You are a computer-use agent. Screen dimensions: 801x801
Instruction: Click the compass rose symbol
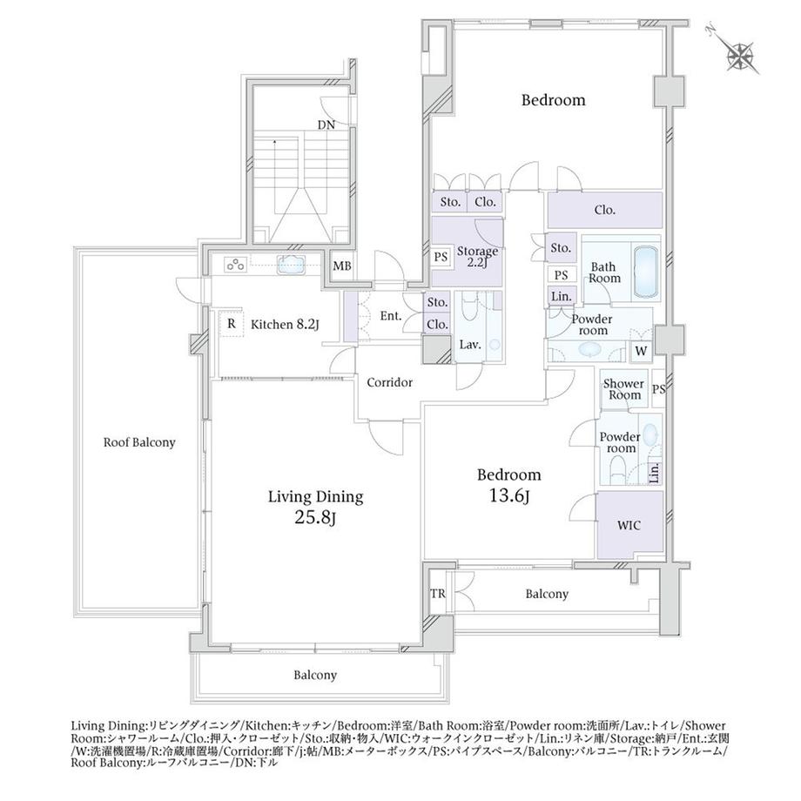coord(740,54)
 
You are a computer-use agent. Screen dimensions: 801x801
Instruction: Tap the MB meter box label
coord(342,266)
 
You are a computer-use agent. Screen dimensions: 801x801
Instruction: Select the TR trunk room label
coord(438,594)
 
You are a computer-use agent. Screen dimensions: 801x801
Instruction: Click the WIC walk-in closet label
coord(629,525)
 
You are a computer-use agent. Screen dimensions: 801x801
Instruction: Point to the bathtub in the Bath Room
coord(646,272)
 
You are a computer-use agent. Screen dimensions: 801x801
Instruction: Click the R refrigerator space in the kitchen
coord(232,323)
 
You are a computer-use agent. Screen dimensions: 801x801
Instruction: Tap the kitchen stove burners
coord(235,265)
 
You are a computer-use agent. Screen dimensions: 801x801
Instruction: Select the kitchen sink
coord(291,266)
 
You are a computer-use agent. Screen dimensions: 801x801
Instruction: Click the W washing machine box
coord(642,351)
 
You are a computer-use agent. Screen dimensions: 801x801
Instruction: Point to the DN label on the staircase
coord(326,125)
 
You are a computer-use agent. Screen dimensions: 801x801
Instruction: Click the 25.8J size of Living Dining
coord(315,518)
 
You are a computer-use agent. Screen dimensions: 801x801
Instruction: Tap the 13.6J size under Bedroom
coord(508,495)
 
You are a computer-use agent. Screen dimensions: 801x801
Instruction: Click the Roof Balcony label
coord(139,442)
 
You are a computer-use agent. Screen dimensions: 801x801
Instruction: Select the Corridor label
coord(390,382)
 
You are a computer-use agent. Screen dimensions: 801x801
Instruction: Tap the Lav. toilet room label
coord(470,345)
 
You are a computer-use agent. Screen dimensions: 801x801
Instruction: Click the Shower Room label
coord(623,389)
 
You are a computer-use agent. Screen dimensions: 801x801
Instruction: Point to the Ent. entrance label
coord(391,316)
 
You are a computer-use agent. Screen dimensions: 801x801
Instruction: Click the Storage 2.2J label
coord(477,258)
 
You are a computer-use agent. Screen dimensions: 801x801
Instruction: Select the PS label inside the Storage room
coord(441,256)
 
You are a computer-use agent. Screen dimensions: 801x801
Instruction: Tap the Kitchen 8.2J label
coord(285,325)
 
